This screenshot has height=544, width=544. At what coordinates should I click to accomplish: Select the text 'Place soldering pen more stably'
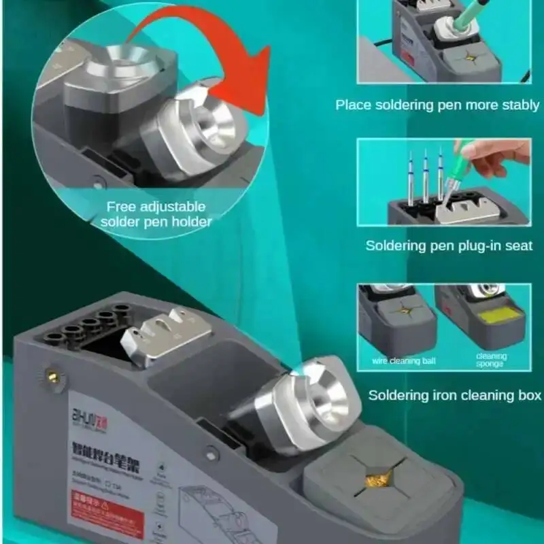click(x=437, y=105)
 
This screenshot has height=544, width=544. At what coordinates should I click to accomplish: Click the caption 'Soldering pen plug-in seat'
click(x=449, y=245)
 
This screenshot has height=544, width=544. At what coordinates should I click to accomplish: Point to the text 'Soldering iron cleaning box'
click(x=455, y=394)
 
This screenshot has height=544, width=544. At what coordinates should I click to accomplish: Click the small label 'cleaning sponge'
click(x=491, y=360)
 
